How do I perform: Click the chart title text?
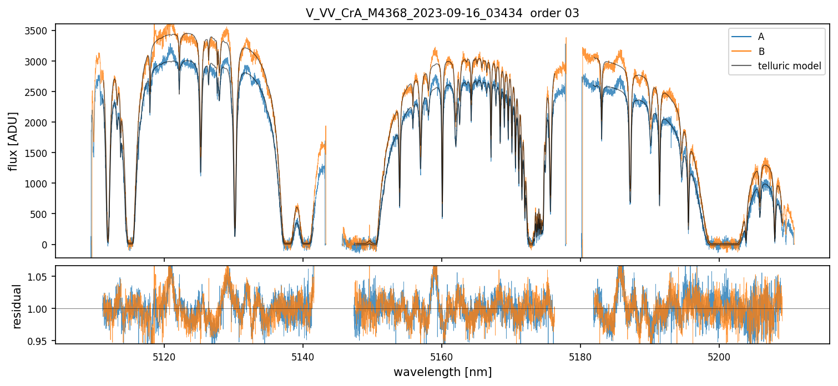click(x=442, y=13)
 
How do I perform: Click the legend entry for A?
click(x=761, y=37)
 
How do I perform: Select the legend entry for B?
click(x=761, y=52)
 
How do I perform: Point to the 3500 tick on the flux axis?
click(x=42, y=31)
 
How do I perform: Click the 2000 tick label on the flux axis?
click(x=42, y=122)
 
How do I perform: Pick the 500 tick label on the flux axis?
click(x=44, y=214)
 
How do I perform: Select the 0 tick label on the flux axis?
click(x=48, y=245)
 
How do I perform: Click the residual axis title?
click(x=17, y=306)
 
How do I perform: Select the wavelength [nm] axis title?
click(x=442, y=372)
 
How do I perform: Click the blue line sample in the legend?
click(x=742, y=37)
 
